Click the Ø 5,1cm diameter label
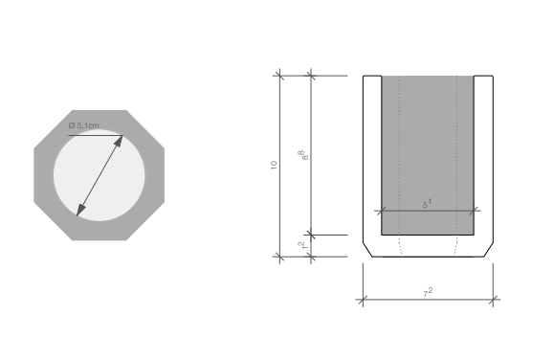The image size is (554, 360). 84,125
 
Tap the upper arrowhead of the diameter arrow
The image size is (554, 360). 119,141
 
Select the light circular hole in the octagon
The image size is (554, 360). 100,175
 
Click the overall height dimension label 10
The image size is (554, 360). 274,165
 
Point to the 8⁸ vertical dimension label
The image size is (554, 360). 304,155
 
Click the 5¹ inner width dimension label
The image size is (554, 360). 427,204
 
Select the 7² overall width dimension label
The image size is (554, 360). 428,292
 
